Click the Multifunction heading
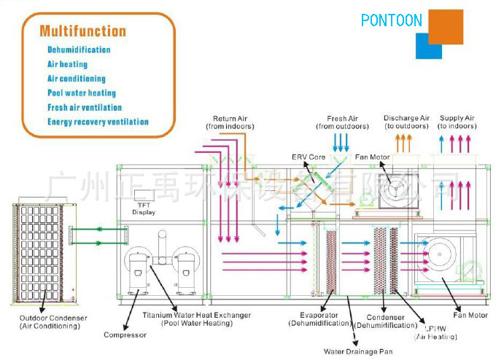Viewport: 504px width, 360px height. pos(82,31)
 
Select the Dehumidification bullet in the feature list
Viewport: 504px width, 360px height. pos(79,50)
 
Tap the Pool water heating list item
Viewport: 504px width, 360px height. pos(82,93)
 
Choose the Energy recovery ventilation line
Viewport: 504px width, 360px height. pos(98,122)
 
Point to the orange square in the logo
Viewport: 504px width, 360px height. pos(445,27)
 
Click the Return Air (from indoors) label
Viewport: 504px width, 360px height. pos(230,122)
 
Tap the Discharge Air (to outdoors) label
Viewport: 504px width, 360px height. pos(406,122)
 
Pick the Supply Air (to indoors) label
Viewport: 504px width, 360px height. pos(457,122)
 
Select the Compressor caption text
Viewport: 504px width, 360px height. pos(125,335)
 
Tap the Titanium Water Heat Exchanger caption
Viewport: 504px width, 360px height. pos(197,318)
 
